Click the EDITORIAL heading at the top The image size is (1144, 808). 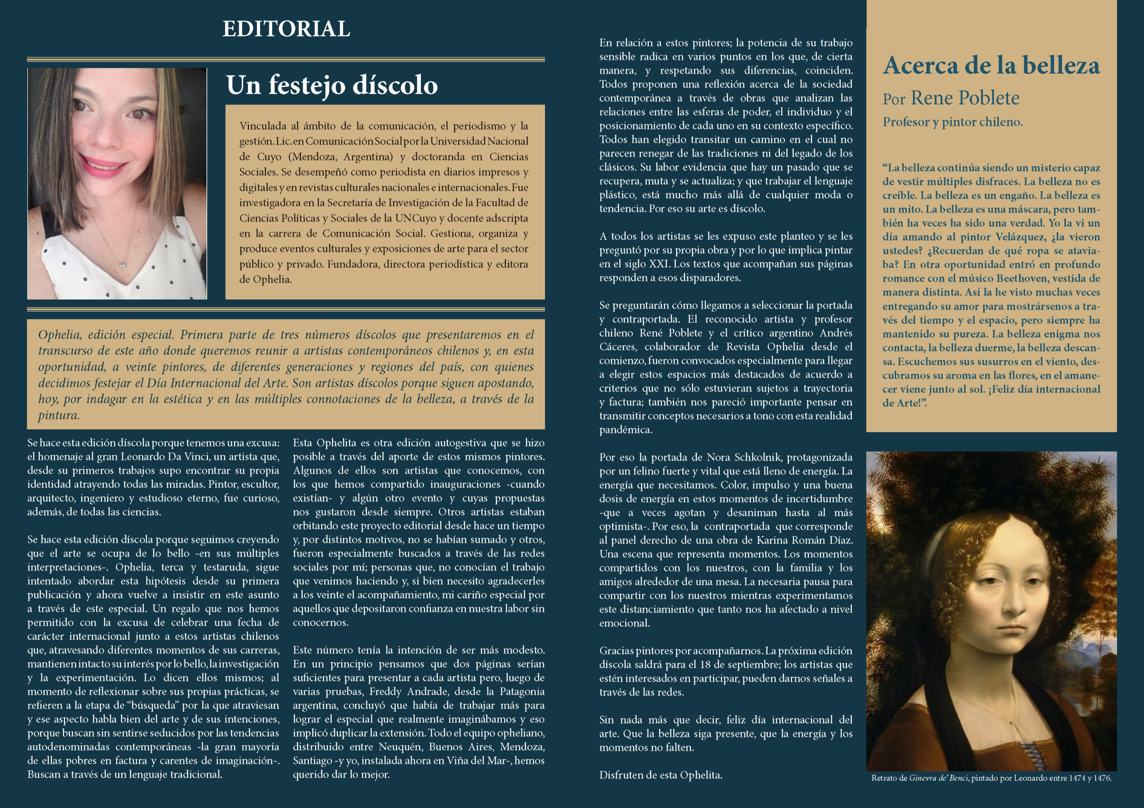coord(286,29)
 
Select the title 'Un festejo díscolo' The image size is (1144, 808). coord(332,85)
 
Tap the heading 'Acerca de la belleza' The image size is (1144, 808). coord(991,65)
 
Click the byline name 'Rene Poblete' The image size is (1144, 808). coord(965,98)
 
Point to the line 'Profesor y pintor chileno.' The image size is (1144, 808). coord(952,122)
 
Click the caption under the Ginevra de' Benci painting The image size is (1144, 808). coord(991,778)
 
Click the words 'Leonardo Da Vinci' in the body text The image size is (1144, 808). coord(162,457)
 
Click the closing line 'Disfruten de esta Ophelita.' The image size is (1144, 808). coord(660,775)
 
